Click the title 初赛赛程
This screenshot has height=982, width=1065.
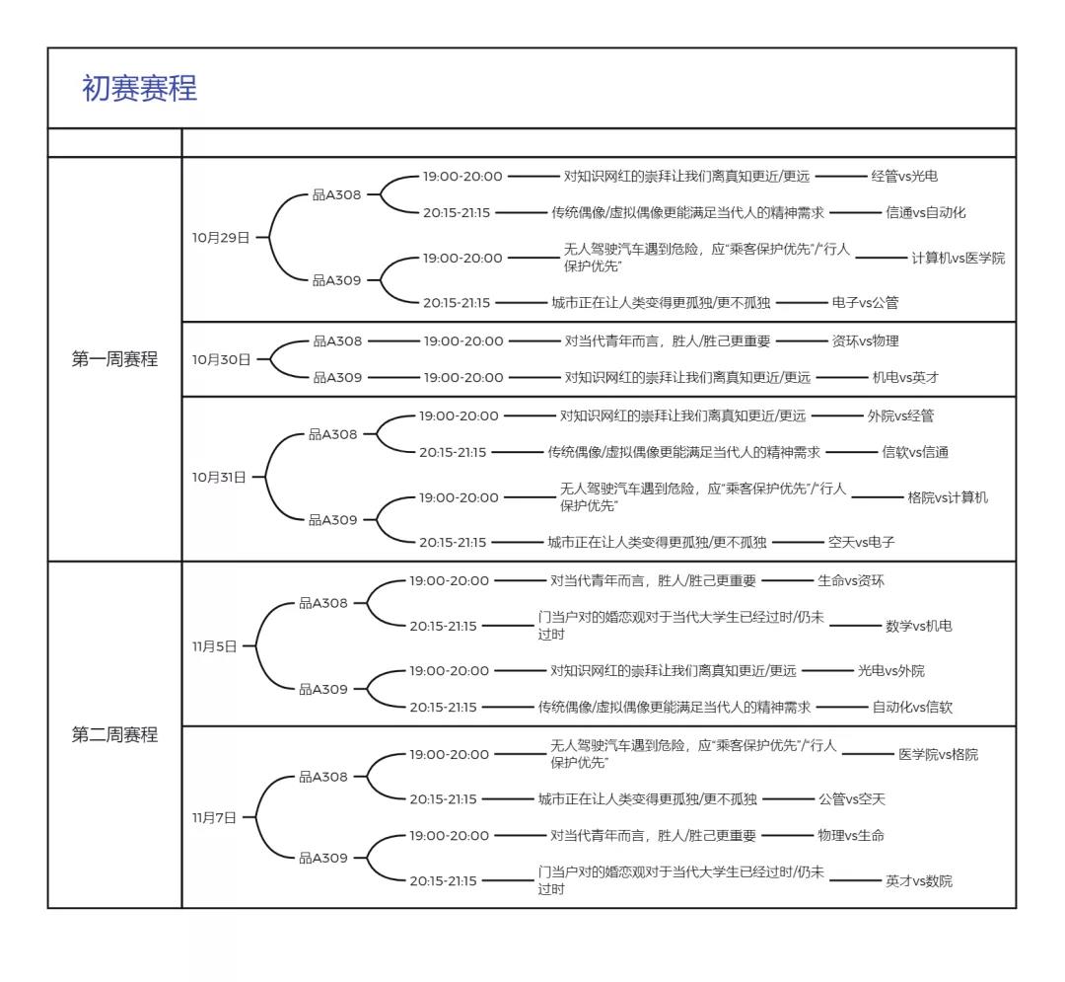(139, 89)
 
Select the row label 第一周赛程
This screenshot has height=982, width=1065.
(114, 359)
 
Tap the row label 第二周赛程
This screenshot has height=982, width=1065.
(114, 735)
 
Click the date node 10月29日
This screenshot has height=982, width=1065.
(221, 238)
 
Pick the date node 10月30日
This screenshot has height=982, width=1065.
(221, 359)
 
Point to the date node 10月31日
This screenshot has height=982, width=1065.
(219, 478)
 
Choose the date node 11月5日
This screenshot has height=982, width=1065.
(214, 647)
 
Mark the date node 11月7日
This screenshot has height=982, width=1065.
(214, 818)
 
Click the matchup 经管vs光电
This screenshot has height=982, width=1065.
(904, 177)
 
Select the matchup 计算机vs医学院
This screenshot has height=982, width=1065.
(958, 259)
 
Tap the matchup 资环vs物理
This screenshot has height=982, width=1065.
(865, 341)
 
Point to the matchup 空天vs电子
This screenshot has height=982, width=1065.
(861, 542)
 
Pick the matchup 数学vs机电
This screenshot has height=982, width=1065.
(918, 626)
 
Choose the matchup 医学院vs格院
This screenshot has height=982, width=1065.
(938, 755)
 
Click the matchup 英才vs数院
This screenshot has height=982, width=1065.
(918, 881)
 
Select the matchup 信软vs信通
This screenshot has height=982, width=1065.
(914, 453)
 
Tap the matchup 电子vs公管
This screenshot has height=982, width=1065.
(865, 303)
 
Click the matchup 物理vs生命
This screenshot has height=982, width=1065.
(851, 836)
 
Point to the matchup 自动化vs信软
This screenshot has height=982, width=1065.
(912, 708)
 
